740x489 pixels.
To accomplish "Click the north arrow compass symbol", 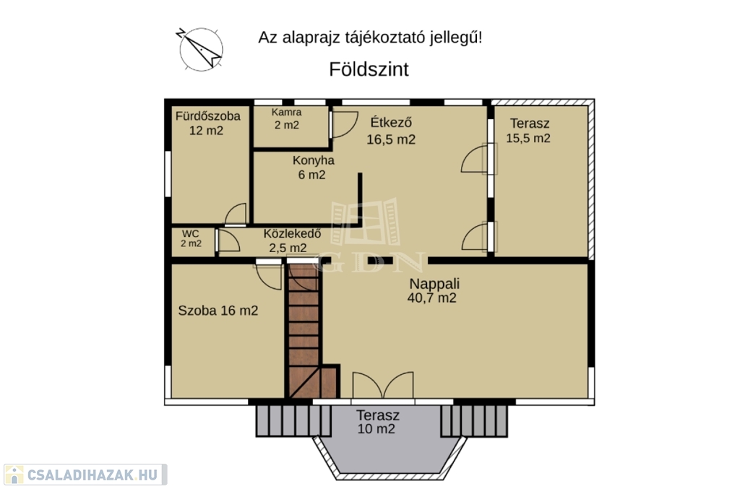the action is pos(201,49).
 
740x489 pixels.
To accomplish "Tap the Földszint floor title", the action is pos(369,69).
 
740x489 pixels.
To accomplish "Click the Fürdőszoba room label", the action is pos(207,116).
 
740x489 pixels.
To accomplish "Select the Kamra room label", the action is pos(286,112).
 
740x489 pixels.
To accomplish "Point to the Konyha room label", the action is pos(314,160).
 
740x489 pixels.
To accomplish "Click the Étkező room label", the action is pos(391,122).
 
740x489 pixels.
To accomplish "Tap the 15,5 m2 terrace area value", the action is pos(528,138).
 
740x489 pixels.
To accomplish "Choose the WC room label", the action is pos(191,234).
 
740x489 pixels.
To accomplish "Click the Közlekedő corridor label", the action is pos(292,233).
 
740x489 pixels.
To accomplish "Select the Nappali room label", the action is pos(434,284).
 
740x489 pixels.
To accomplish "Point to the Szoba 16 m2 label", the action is pos(218,311).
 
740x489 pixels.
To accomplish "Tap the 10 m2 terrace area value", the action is pos(376,429).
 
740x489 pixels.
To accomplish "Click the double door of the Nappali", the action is pos(383,385).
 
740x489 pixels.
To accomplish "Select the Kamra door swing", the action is pos(345,124).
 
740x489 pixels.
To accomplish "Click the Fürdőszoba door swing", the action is pos(236,214).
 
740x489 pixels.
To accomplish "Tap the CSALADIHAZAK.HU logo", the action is pos(85,475).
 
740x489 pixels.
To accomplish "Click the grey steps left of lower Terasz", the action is pos(293,420).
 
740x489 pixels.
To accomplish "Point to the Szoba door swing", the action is pos(269,277).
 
